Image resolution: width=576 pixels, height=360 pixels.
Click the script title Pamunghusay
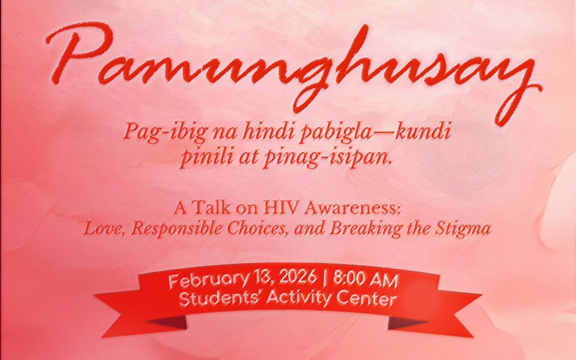click(x=294, y=70)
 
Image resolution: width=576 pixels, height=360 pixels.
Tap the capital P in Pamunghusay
click(x=79, y=53)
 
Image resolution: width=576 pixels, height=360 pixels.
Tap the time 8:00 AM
click(x=365, y=280)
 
